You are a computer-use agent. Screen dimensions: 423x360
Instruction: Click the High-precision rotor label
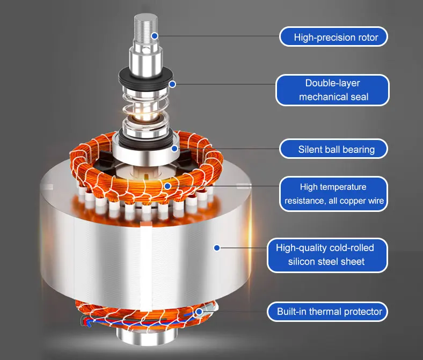(333, 36)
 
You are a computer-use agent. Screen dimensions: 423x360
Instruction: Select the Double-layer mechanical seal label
(332, 90)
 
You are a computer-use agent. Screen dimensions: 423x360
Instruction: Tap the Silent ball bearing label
(333, 149)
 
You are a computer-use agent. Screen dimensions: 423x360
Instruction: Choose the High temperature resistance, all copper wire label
(333, 194)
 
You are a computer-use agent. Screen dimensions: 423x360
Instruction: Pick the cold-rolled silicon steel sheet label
(327, 255)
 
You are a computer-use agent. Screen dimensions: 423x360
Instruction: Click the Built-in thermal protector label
(327, 312)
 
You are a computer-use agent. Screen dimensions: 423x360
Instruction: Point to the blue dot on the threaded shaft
(155, 35)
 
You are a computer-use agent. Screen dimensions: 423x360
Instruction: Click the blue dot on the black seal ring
(172, 84)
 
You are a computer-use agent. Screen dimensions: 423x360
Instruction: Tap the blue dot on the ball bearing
(174, 148)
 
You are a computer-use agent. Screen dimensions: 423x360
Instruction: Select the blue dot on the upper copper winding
(167, 186)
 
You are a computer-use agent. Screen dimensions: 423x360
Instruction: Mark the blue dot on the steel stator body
(217, 248)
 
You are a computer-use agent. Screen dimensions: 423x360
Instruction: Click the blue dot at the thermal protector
(199, 312)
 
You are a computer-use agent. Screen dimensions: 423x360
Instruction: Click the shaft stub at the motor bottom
(147, 336)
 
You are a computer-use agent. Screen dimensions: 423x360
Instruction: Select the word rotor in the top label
(368, 37)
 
